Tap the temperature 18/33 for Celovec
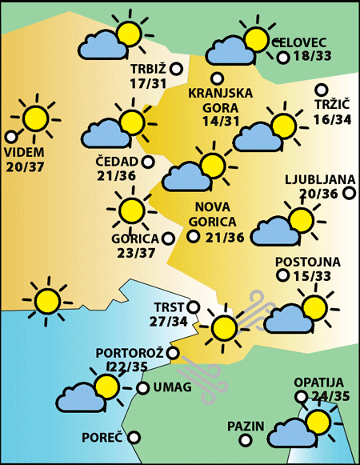(312, 57)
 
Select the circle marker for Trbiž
(176, 70)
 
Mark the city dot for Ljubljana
(349, 193)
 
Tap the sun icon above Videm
(34, 118)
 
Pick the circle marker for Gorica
(168, 238)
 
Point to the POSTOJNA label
(308, 262)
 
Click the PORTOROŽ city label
(130, 352)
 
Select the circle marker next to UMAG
(142, 388)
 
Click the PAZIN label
(245, 425)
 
